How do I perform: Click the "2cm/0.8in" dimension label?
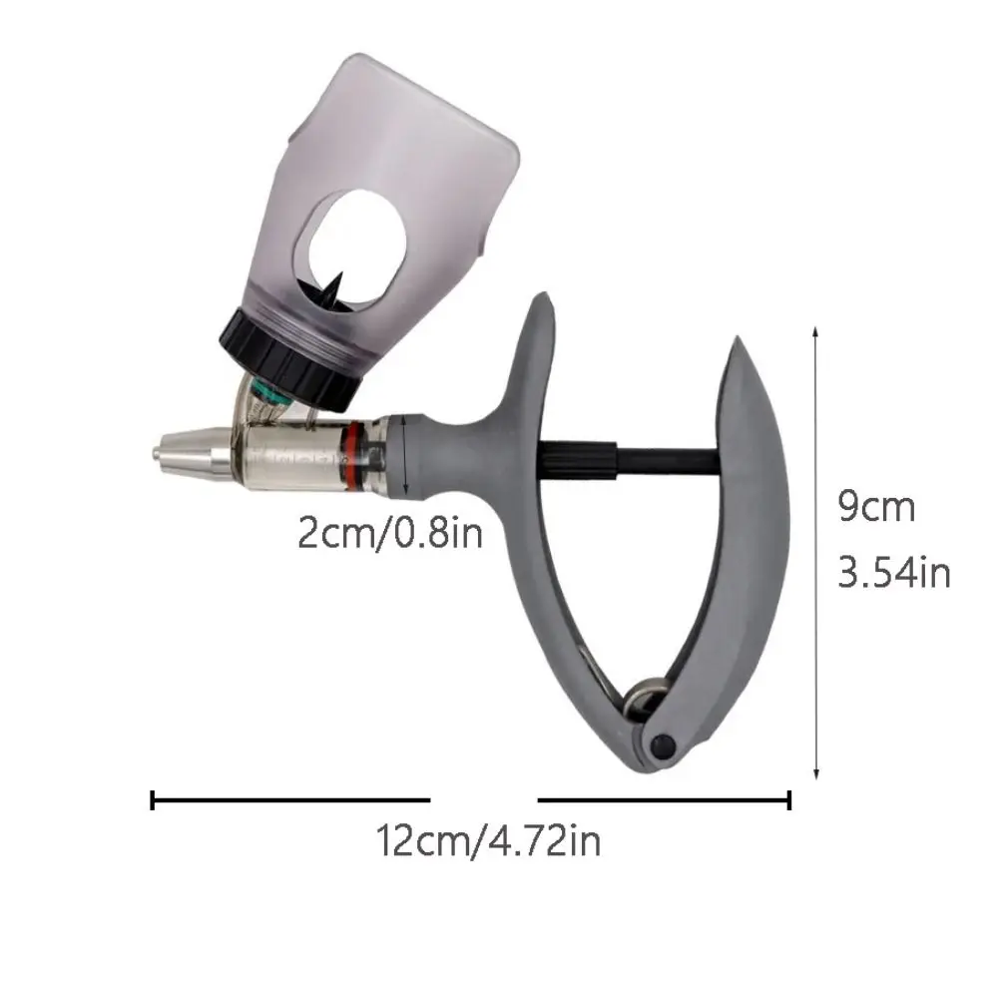coord(390,533)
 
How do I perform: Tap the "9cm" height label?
coord(876,507)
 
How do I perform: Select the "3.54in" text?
coord(893,572)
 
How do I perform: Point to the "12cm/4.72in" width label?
coord(488,840)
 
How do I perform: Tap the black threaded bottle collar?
coord(290,359)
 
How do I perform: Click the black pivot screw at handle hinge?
coord(663,745)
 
